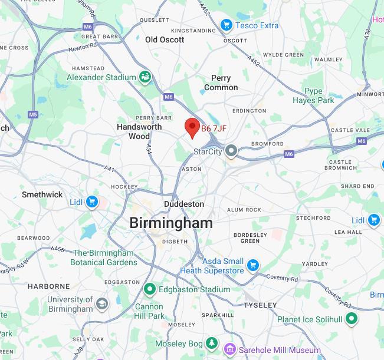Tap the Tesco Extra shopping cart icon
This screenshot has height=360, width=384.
[226, 25]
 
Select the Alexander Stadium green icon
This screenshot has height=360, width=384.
[145, 77]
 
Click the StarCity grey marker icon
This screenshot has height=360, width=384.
[232, 151]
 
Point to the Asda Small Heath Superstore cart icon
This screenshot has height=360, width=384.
[253, 265]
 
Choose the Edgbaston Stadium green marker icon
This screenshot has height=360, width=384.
[150, 289]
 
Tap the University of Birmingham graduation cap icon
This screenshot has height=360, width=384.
[102, 304]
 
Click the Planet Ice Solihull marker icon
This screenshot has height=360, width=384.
[352, 319]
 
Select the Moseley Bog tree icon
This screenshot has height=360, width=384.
[212, 344]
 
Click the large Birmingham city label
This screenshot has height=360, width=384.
[170, 223]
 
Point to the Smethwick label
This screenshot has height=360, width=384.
[42, 194]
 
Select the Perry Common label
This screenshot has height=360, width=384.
[221, 82]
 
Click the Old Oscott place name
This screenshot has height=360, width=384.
[165, 39]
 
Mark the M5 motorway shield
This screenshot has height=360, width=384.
[32, 114]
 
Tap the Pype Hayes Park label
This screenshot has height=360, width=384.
[319, 95]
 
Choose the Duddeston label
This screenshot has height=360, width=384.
[184, 204]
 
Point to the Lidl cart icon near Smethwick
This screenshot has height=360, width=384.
[91, 202]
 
